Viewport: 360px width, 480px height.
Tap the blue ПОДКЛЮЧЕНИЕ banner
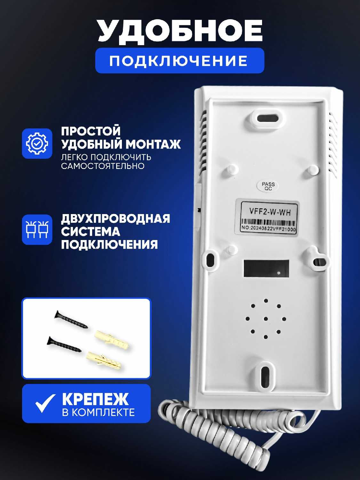coord(180,60)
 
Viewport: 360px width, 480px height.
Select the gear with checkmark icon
coord(37,143)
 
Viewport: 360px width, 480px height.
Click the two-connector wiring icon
coord(37,229)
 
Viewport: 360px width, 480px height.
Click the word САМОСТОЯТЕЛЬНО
coord(102,166)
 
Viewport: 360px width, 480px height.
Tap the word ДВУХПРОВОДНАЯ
coord(116,219)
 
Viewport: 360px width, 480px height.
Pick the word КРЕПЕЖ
coord(95,399)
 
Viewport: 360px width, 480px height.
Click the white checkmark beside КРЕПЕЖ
coord(45,403)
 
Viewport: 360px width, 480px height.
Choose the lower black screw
coord(64,344)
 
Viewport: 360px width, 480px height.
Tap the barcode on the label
coord(268,222)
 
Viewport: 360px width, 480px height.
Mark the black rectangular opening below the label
coord(266,268)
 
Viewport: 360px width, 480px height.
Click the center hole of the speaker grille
coord(266,319)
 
